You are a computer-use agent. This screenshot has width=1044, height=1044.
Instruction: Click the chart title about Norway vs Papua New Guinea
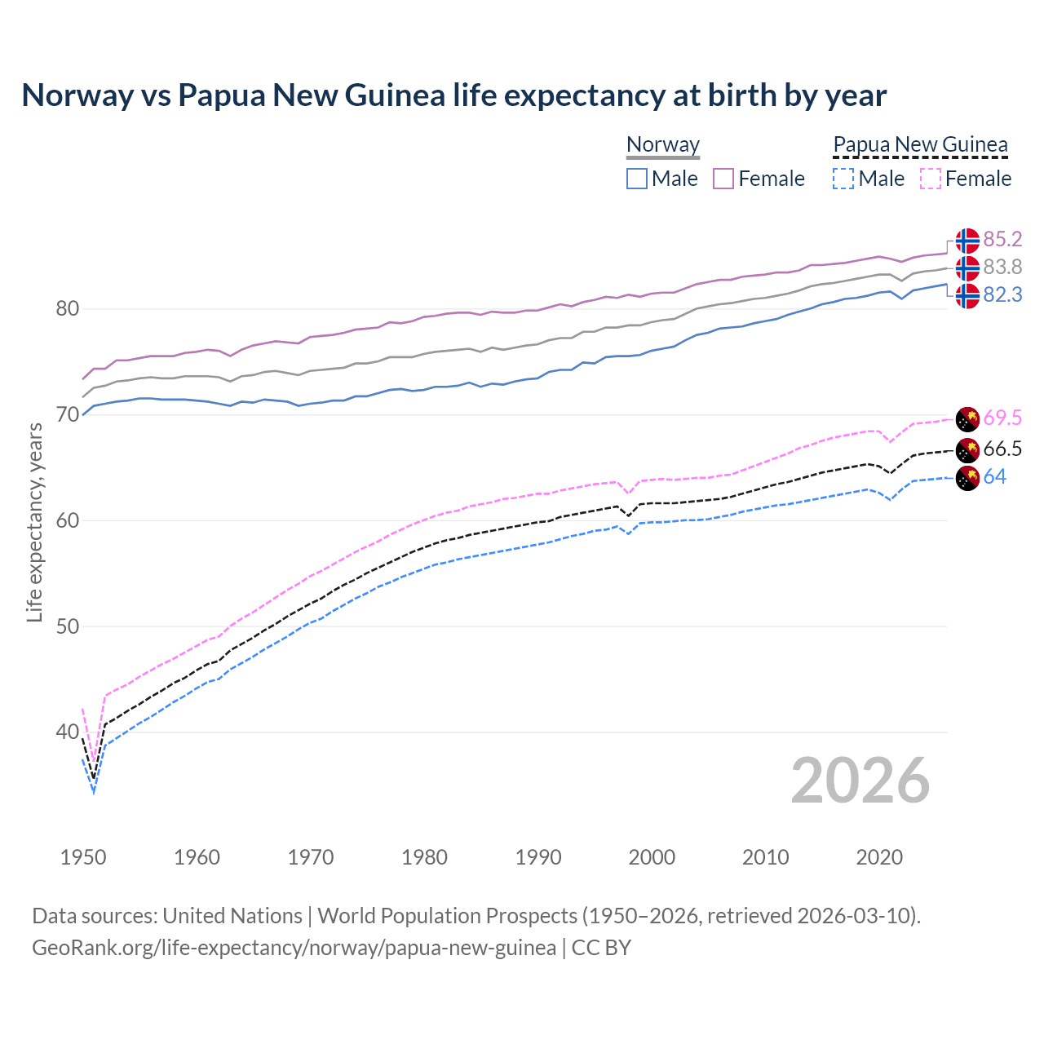click(453, 95)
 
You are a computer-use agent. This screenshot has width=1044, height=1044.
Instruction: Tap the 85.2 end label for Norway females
click(1002, 239)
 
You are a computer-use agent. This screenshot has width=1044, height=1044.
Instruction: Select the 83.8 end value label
click(1002, 267)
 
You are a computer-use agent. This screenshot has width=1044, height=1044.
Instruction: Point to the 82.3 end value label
click(1002, 294)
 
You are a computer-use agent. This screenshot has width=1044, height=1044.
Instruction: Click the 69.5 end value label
click(1002, 418)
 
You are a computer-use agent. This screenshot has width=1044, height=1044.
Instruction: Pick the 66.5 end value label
click(1002, 449)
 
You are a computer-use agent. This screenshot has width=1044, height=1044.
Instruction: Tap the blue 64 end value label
click(995, 476)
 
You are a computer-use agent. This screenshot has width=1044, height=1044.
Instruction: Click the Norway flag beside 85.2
click(967, 241)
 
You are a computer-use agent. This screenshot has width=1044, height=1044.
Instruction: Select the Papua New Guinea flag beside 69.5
click(967, 419)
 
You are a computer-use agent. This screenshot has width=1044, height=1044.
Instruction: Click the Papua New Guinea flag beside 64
click(967, 479)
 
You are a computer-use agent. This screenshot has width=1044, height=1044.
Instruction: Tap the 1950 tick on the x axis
click(83, 857)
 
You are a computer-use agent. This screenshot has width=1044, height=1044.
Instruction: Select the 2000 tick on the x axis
click(652, 857)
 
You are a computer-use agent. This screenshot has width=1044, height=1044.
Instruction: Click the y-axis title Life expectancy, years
click(34, 522)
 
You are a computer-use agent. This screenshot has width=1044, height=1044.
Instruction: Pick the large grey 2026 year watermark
click(860, 781)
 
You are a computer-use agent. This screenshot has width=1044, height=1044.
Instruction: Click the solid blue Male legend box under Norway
click(637, 179)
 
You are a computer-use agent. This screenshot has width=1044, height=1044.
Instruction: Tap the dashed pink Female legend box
click(931, 179)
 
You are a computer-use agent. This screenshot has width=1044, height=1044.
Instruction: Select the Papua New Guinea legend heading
click(920, 145)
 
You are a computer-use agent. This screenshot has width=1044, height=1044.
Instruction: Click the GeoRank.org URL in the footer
click(294, 948)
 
